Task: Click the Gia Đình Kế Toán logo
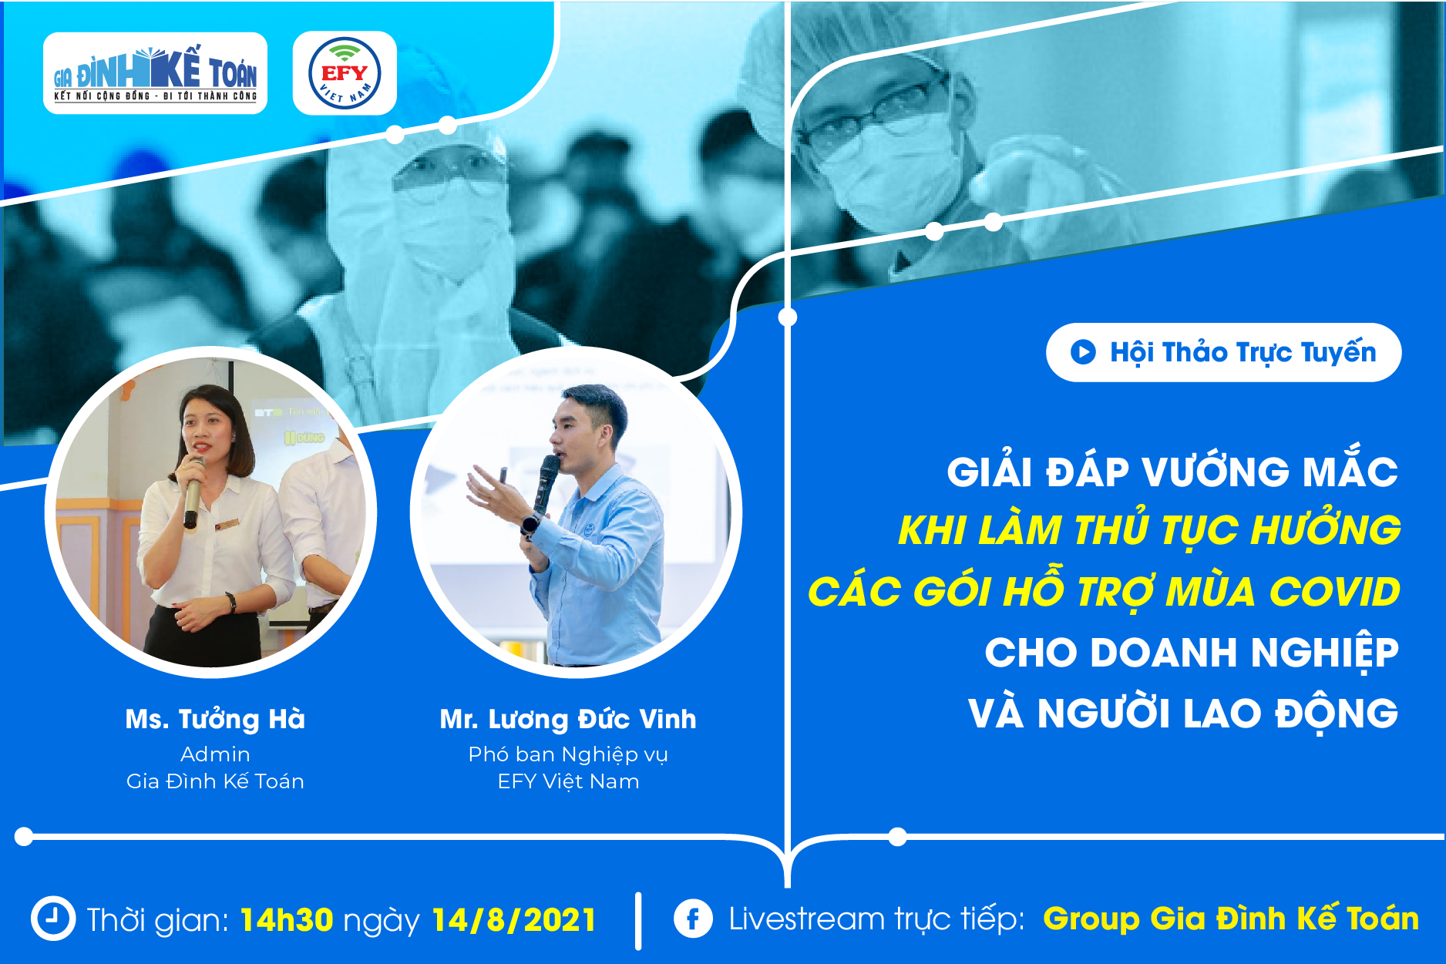click(x=155, y=73)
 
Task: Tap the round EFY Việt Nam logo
click(x=345, y=73)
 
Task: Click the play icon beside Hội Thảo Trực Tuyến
click(x=1083, y=352)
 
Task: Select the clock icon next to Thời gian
click(x=53, y=919)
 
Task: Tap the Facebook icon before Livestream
click(x=693, y=919)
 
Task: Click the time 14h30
click(x=287, y=920)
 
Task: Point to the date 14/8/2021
click(x=514, y=920)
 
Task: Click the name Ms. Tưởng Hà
click(x=215, y=719)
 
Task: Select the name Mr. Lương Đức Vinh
click(x=568, y=719)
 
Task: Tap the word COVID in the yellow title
click(x=1334, y=592)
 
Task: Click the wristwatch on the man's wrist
click(x=530, y=524)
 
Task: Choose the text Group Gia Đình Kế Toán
click(x=1231, y=919)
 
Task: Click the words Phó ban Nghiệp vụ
click(x=568, y=754)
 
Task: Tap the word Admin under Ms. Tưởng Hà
click(x=215, y=754)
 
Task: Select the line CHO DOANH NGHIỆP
click(x=1192, y=653)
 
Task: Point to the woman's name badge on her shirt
click(x=227, y=525)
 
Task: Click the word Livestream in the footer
click(x=807, y=919)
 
